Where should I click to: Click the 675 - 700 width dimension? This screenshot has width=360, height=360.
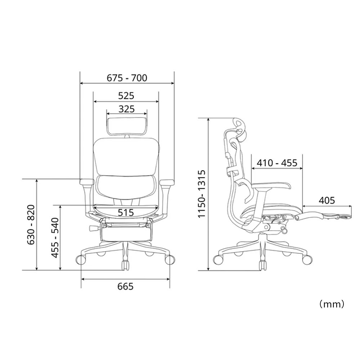coord(127,78)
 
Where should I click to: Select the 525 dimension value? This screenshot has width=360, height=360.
coord(126,95)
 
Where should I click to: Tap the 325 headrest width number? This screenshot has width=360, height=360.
coord(126,109)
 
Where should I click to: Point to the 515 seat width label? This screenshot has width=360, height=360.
coord(126,212)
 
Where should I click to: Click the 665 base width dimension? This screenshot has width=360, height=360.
coord(125,286)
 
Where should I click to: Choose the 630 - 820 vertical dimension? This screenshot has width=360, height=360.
coord(31,225)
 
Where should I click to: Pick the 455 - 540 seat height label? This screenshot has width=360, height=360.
coord(55,238)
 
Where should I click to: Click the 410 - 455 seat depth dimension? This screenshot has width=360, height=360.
coord(277,163)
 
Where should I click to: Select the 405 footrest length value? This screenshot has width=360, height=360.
coord(327,201)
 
